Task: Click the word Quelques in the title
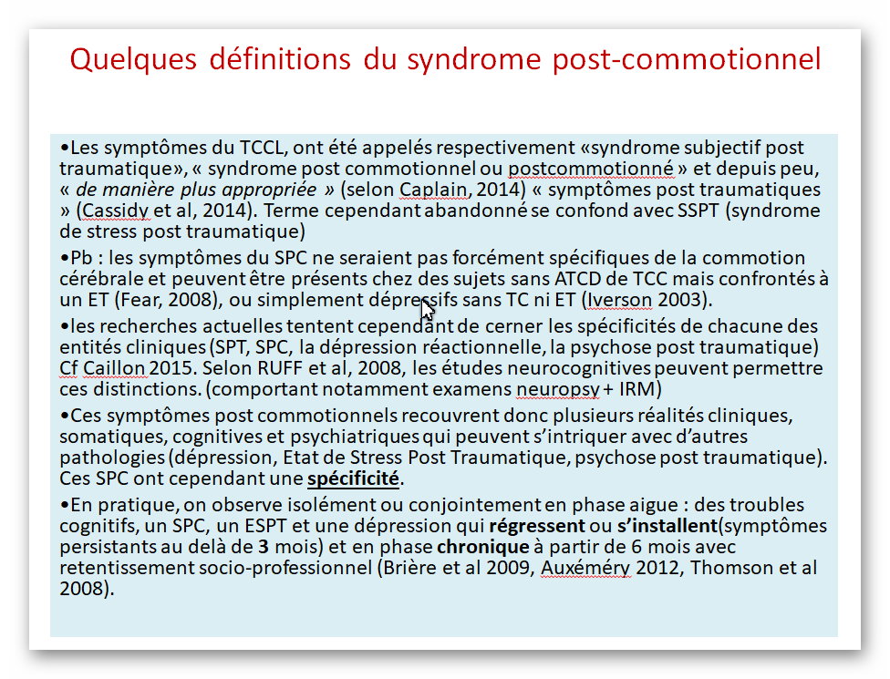pyautogui.click(x=133, y=59)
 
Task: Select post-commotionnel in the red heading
pyautogui.click(x=687, y=59)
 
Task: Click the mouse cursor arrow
pyautogui.click(x=428, y=310)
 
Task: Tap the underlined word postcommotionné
pyautogui.click(x=591, y=169)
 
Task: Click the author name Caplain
pyautogui.click(x=434, y=190)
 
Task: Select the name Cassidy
pyautogui.click(x=115, y=211)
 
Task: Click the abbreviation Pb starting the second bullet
pyautogui.click(x=81, y=258)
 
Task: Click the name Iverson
pyautogui.click(x=619, y=300)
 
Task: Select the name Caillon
pyautogui.click(x=113, y=368)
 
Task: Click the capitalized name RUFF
pyautogui.click(x=280, y=368)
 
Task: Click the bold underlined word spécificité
pyautogui.click(x=353, y=478)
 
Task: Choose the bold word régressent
pyautogui.click(x=537, y=526)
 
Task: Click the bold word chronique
pyautogui.click(x=483, y=547)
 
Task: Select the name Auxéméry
pyautogui.click(x=585, y=568)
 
